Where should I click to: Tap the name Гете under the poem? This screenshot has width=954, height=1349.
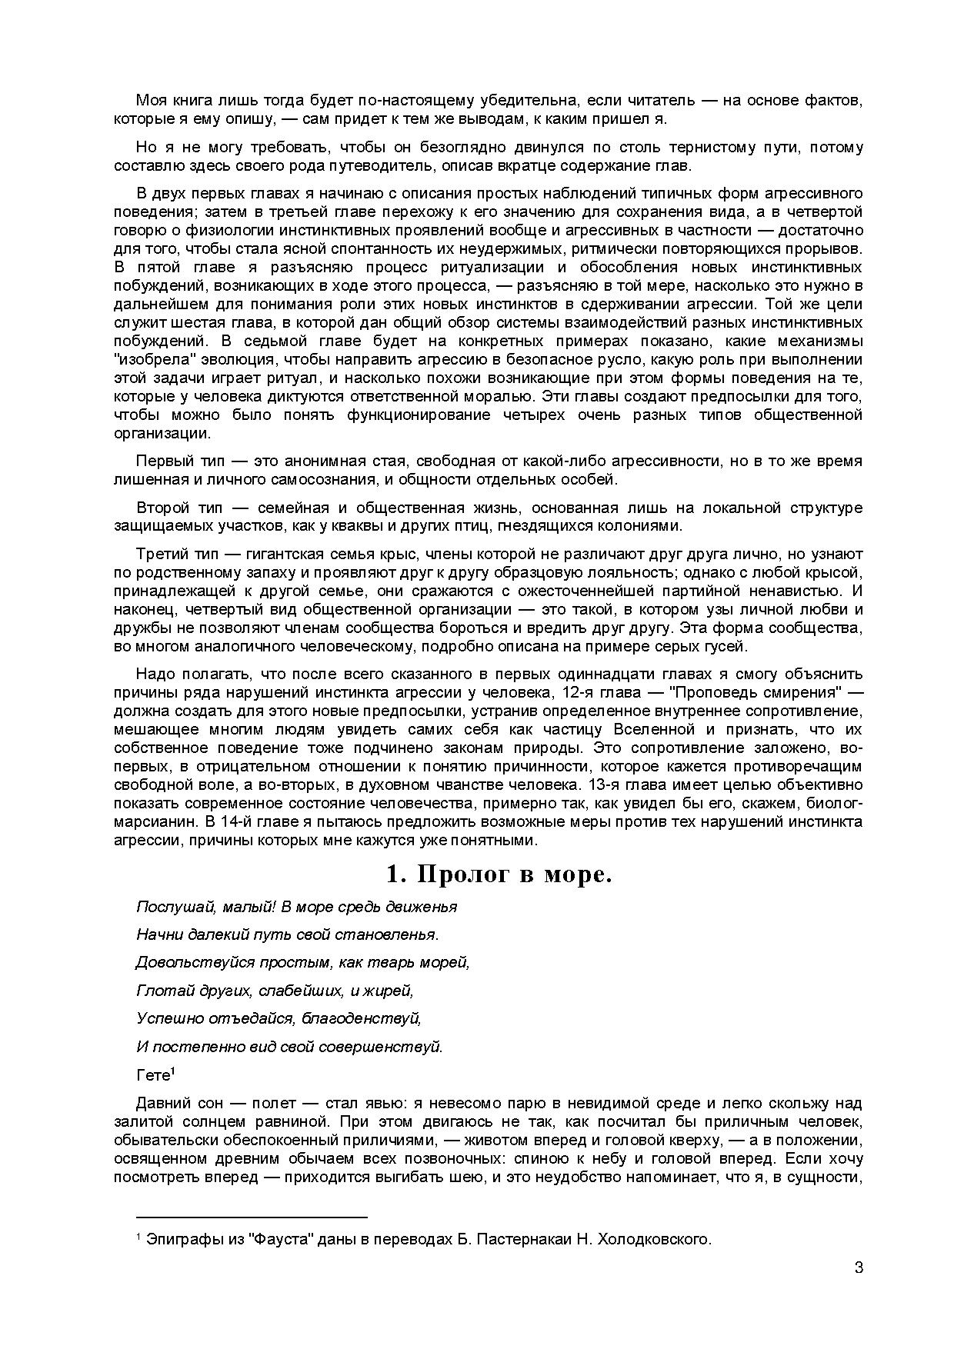(x=152, y=1075)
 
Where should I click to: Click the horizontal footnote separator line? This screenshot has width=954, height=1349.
(x=252, y=1217)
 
